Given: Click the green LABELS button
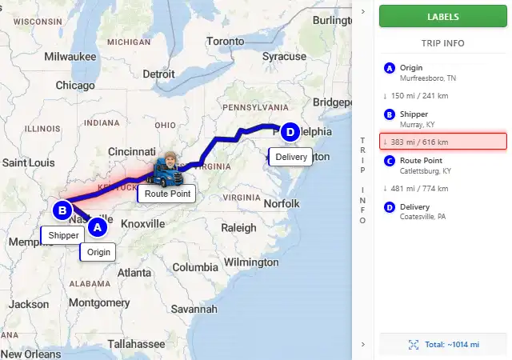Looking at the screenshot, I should click(x=442, y=16).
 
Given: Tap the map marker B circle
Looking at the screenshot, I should click(x=62, y=211).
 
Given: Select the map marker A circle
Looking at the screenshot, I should click(x=97, y=228).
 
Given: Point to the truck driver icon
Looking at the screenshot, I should click(x=166, y=168).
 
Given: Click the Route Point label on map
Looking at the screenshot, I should click(x=166, y=194).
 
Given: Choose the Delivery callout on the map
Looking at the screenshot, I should click(x=290, y=157).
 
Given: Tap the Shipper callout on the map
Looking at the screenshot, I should click(x=63, y=235).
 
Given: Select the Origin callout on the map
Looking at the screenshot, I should click(x=98, y=252).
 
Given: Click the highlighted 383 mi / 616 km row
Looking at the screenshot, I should click(x=442, y=142).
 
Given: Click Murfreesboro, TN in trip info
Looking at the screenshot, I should click(x=428, y=78).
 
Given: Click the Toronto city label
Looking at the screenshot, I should click(x=225, y=41).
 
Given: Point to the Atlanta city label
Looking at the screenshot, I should click(x=134, y=273).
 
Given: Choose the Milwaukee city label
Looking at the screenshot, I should click(x=70, y=57).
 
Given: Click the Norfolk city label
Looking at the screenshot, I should click(x=282, y=203).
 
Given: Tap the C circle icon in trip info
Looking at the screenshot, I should click(x=390, y=160).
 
